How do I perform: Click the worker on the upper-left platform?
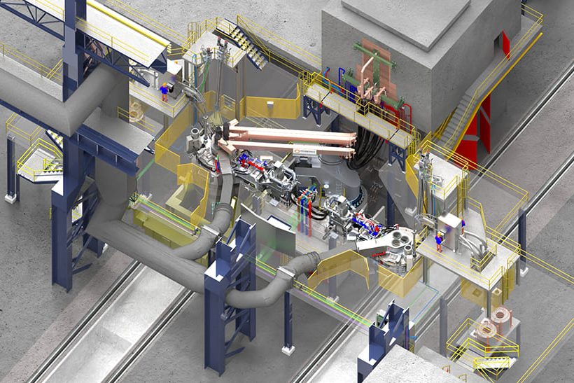[165, 92]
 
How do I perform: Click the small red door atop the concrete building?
[505, 44]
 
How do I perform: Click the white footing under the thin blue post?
[288, 349]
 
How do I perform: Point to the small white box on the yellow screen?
[270, 106]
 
